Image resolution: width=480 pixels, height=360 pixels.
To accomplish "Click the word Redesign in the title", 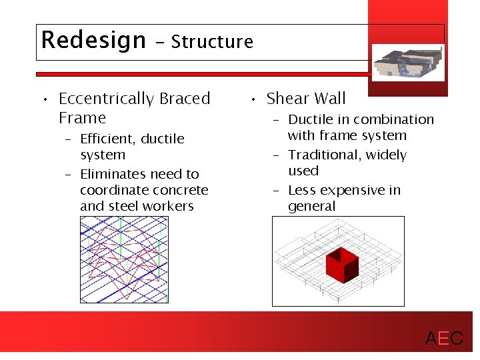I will point(93,41).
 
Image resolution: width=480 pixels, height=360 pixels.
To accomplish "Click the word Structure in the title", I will point(212,42).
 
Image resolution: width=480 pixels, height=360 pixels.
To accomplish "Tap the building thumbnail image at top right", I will point(407,62).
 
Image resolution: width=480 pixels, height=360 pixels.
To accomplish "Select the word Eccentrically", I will point(107,99).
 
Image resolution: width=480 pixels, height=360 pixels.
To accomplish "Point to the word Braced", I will point(185,99).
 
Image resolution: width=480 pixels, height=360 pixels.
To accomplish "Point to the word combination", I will point(395,120).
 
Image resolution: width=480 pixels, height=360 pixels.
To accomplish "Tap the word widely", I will point(385,155).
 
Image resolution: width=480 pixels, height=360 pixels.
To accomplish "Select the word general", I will point(311,206).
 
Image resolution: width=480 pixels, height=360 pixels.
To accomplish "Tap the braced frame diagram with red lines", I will point(124,260).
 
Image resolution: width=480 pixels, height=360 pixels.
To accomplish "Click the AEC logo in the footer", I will point(444,339).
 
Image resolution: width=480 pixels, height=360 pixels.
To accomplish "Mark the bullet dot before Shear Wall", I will point(254,100).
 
